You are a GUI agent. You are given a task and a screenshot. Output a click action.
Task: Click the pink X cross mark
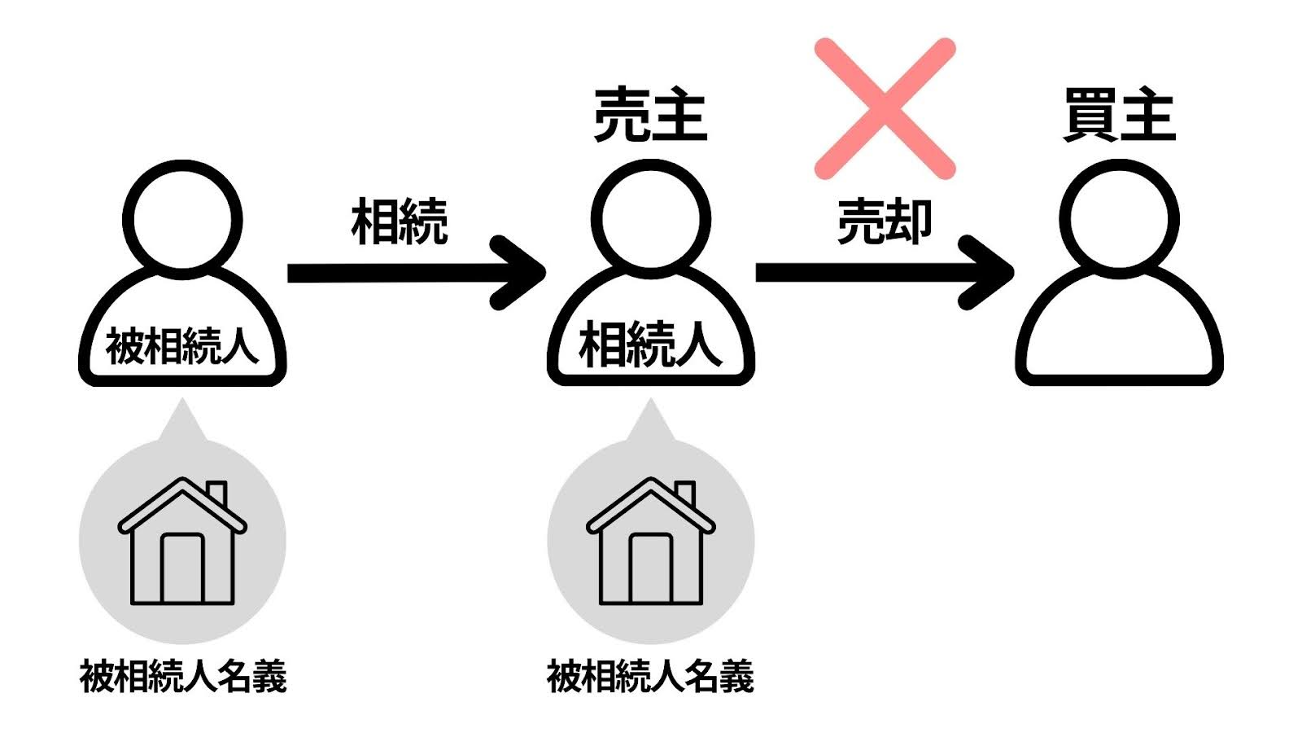[885, 108]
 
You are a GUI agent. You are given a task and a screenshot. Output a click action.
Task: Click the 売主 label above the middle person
[650, 116]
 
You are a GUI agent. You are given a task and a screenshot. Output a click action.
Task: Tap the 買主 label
[1119, 116]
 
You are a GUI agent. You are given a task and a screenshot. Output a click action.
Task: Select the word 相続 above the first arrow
[399, 222]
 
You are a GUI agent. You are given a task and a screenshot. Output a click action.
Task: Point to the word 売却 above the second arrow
[885, 222]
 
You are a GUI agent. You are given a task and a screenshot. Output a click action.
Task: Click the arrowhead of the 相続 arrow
[521, 272]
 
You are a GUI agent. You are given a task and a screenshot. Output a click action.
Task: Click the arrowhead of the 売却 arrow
[990, 272]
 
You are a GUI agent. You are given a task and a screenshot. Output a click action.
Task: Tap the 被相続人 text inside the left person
[182, 347]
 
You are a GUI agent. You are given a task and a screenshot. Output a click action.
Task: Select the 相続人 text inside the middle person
[650, 345]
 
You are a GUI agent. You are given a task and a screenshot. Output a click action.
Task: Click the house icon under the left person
[182, 542]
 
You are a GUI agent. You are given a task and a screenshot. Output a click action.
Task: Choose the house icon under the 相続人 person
[650, 542]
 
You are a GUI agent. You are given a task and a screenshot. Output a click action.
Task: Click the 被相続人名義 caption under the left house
[182, 676]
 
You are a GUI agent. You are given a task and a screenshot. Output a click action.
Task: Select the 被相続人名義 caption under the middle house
[650, 676]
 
